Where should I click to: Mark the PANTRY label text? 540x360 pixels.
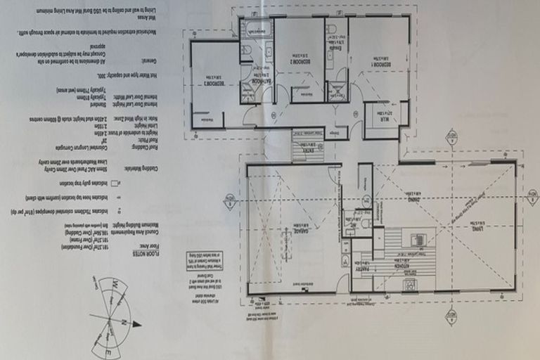point(362,267)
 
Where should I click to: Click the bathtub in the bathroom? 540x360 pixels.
point(257,30)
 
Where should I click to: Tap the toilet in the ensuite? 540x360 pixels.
point(331,29)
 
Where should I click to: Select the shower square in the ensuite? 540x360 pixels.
point(337,90)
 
